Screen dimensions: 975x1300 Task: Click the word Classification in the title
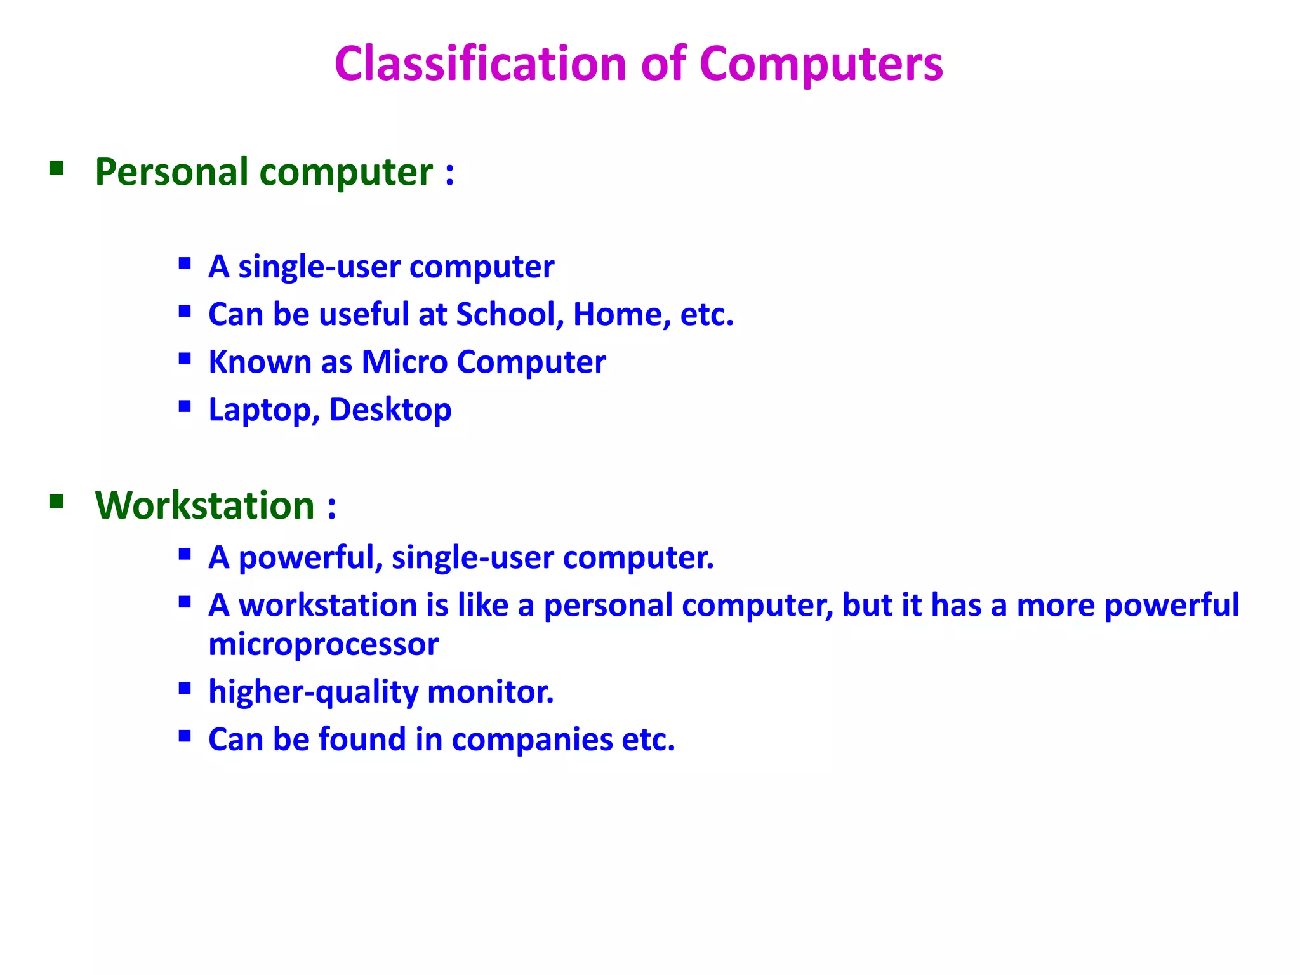click(481, 64)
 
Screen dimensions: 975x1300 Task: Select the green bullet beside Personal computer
click(56, 168)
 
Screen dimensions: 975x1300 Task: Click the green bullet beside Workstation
click(56, 502)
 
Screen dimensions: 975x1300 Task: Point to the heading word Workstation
click(204, 505)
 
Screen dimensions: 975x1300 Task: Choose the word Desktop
click(390, 410)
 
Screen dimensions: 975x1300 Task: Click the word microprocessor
click(323, 644)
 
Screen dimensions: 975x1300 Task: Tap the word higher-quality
click(313, 692)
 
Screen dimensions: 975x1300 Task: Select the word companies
click(532, 740)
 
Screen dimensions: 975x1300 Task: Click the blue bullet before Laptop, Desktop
click(185, 406)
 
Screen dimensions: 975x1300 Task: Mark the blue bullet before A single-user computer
click(185, 263)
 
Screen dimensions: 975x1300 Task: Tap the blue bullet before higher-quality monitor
click(185, 688)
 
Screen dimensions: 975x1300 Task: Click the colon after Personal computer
click(449, 173)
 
